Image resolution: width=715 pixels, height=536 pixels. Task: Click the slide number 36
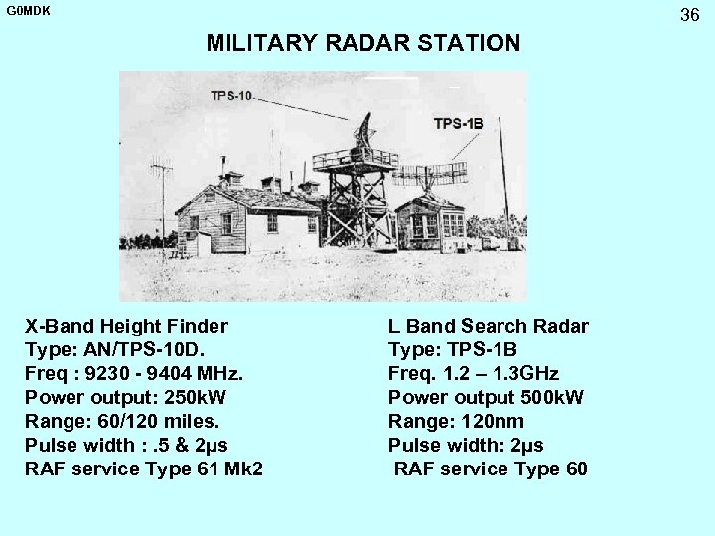click(690, 14)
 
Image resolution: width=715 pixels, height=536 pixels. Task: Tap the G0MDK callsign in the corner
click(26, 10)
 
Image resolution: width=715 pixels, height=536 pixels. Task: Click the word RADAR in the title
click(375, 43)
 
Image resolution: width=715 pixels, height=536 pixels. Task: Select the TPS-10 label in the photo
click(230, 96)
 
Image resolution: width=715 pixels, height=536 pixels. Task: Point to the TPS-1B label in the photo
click(458, 124)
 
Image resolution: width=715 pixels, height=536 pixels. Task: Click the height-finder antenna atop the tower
click(365, 131)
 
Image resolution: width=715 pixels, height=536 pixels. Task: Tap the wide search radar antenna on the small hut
click(430, 175)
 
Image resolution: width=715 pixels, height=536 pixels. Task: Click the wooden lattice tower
click(356, 203)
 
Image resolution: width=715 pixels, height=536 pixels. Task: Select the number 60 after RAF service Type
click(576, 469)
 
